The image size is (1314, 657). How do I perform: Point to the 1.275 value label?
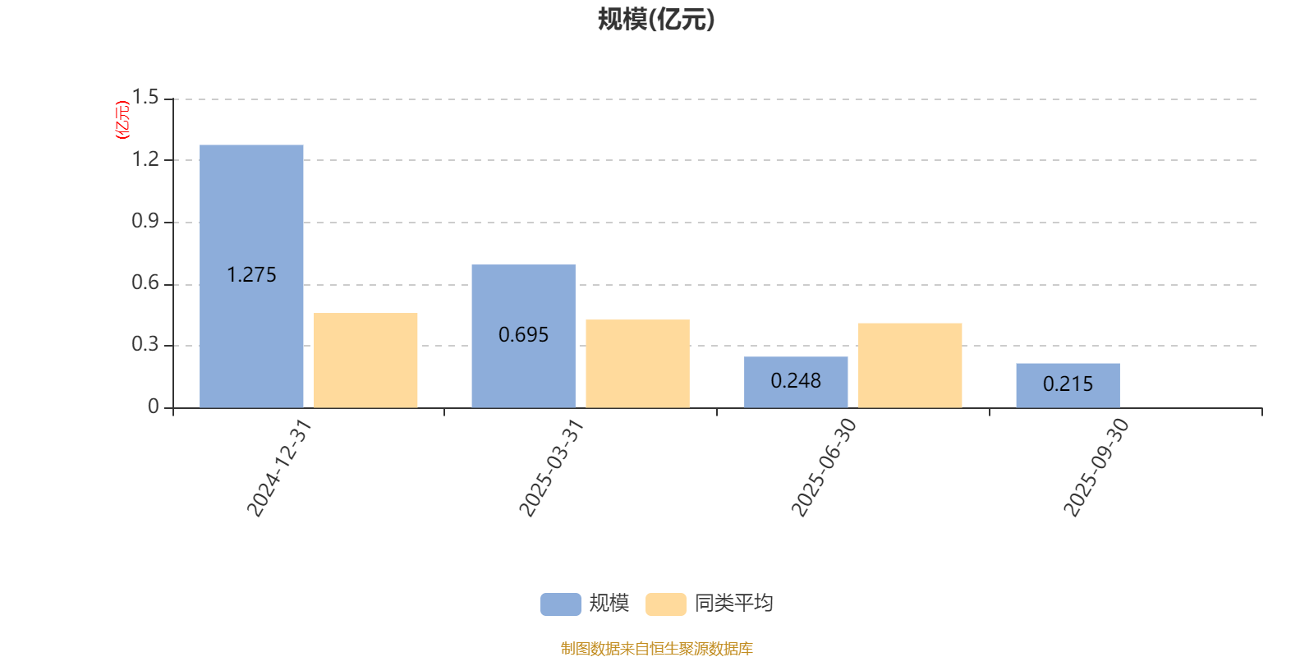point(251,275)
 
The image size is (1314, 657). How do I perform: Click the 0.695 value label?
point(523,335)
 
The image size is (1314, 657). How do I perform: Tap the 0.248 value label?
point(796,381)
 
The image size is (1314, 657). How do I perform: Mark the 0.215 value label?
point(1068,384)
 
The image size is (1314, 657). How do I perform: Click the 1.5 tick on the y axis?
point(145,98)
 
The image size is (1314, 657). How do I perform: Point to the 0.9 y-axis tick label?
point(145,221)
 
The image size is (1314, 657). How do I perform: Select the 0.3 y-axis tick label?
point(145,344)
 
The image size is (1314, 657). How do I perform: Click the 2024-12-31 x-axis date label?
point(279,467)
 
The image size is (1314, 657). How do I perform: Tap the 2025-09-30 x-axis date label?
point(1096,467)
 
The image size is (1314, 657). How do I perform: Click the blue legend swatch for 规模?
point(560,604)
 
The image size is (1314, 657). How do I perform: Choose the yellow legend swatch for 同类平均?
point(665,604)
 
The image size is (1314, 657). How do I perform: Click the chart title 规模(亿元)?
point(656,20)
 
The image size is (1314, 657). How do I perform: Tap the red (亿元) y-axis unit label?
point(122,120)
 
